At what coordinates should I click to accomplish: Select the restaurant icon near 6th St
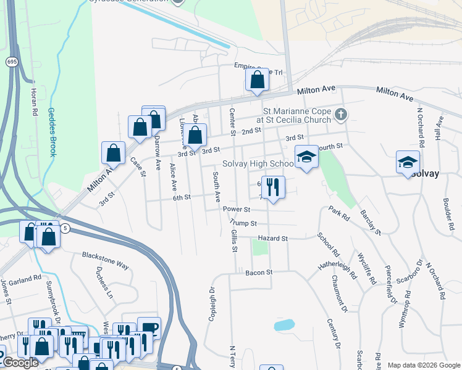click(272, 186)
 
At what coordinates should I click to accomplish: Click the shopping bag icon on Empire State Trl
click(257, 80)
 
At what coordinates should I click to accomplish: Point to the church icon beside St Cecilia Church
click(344, 114)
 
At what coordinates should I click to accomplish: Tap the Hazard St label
click(275, 238)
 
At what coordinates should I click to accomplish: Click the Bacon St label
click(259, 272)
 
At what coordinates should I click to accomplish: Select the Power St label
click(237, 210)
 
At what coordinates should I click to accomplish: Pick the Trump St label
click(242, 223)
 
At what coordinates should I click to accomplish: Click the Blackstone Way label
click(105, 260)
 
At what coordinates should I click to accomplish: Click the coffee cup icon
click(149, 327)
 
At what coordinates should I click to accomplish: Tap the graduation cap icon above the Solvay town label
click(408, 162)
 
